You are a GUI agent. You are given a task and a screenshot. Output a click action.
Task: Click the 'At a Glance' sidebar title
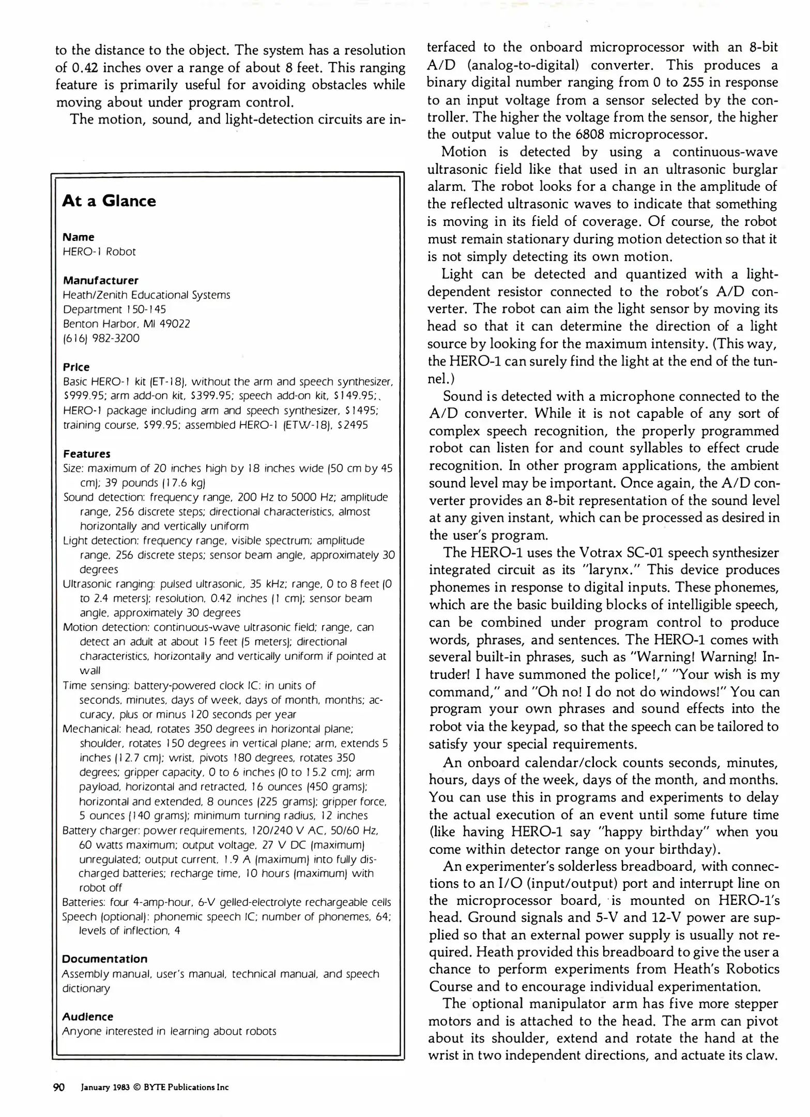(109, 201)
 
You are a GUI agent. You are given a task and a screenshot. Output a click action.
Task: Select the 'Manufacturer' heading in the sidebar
(100, 280)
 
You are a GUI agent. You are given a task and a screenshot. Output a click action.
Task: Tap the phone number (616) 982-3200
(101, 338)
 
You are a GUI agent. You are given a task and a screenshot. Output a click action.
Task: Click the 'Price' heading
(76, 367)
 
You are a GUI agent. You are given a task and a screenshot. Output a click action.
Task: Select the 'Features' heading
(86, 454)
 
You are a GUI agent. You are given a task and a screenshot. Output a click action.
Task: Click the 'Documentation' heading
(104, 959)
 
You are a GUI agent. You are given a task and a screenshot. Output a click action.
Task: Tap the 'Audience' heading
(87, 1017)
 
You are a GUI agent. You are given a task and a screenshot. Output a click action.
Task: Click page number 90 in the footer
(59, 1088)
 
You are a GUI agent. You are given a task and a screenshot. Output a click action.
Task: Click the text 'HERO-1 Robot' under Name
(99, 252)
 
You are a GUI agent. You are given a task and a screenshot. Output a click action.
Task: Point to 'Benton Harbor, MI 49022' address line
(126, 324)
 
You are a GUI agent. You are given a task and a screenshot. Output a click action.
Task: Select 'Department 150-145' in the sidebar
(114, 309)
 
